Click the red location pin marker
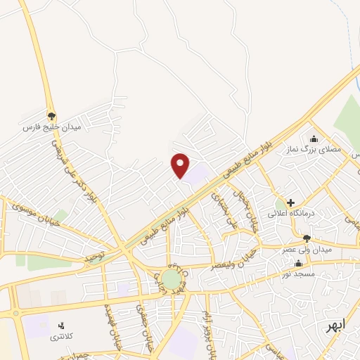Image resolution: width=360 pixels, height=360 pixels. coord(181,165)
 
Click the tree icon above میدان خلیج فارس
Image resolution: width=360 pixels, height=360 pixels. coord(51,115)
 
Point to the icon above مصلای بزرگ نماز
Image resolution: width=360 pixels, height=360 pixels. coord(314,139)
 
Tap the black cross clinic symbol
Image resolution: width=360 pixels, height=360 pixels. coord(290,202)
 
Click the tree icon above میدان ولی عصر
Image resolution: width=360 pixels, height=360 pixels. coord(307,238)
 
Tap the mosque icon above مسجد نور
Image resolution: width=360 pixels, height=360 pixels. coord(298,262)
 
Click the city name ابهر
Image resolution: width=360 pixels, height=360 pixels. coord(330,328)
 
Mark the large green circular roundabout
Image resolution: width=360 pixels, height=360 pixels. coord(171,278)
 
